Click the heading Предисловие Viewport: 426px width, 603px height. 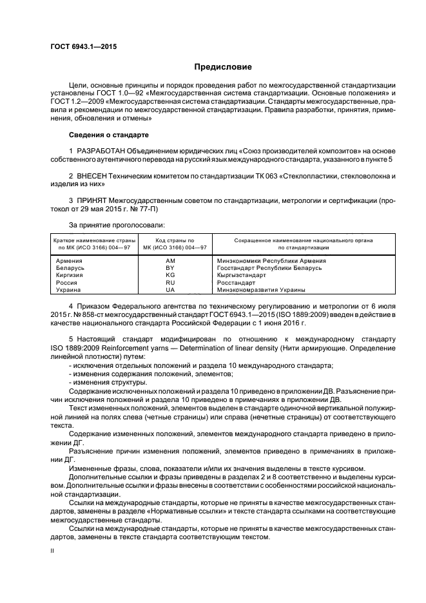[x=223, y=67]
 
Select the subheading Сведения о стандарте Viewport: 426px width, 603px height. [x=108, y=135]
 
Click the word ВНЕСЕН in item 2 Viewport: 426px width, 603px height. [x=96, y=175]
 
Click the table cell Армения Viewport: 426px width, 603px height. [x=69, y=260]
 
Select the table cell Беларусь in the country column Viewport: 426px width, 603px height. [x=70, y=267]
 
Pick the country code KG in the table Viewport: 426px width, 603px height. [x=170, y=275]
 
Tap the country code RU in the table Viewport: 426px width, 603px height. [x=170, y=282]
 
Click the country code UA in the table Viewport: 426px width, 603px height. [x=170, y=290]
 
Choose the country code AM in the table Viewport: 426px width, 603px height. [x=170, y=260]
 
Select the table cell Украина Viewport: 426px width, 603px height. [x=69, y=290]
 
